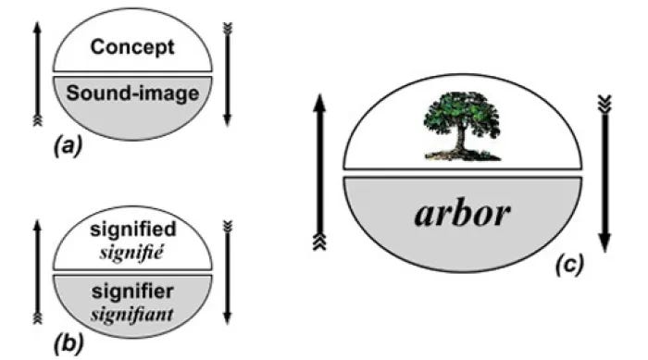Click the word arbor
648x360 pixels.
pos(462,214)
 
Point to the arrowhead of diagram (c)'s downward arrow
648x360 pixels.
pos(604,242)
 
